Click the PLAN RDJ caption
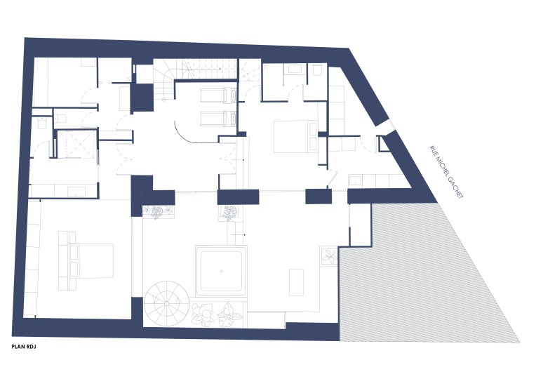pyautogui.click(x=24, y=347)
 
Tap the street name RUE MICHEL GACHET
pyautogui.click(x=446, y=172)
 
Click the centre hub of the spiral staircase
pyautogui.click(x=166, y=303)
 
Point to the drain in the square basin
pyautogui.click(x=221, y=271)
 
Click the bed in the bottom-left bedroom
pyautogui.click(x=86, y=261)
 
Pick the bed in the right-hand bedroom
pyautogui.click(x=295, y=135)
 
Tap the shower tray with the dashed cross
pyautogui.click(x=76, y=144)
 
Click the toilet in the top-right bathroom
pyautogui.click(x=317, y=69)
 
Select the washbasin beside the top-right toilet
pyautogui.click(x=294, y=69)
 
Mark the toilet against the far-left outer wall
pyautogui.click(x=41, y=123)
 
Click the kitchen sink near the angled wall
pyautogui.click(x=356, y=180)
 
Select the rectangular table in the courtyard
pyautogui.click(x=296, y=282)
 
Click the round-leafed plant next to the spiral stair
pyautogui.click(x=203, y=313)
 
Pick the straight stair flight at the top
pyautogui.click(x=209, y=68)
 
